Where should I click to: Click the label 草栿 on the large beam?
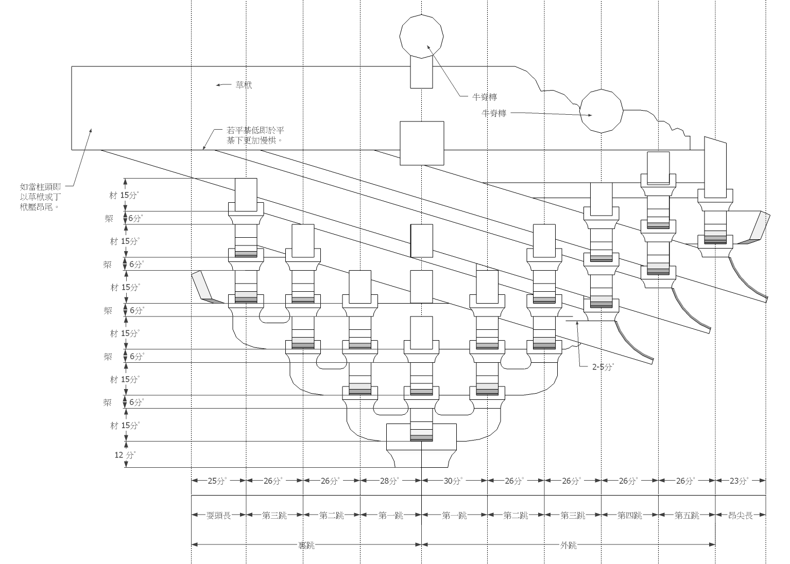point(244,85)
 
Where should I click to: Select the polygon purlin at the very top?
point(422,35)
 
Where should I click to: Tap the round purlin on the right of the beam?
point(601,111)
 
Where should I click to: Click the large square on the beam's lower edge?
point(422,143)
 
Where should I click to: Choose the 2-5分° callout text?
point(603,367)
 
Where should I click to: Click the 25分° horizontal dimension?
point(218,481)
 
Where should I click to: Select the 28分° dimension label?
point(390,481)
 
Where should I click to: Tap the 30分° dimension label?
point(454,481)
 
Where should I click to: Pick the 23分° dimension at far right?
point(740,481)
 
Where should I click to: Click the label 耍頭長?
point(218,515)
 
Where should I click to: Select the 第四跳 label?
point(629,515)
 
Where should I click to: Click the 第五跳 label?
point(686,515)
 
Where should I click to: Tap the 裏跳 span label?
point(306,545)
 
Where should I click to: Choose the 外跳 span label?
point(568,545)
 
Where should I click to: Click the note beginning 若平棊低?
point(255,135)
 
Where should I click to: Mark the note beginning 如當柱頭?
point(42,197)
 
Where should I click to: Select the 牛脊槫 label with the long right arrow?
point(494,113)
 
